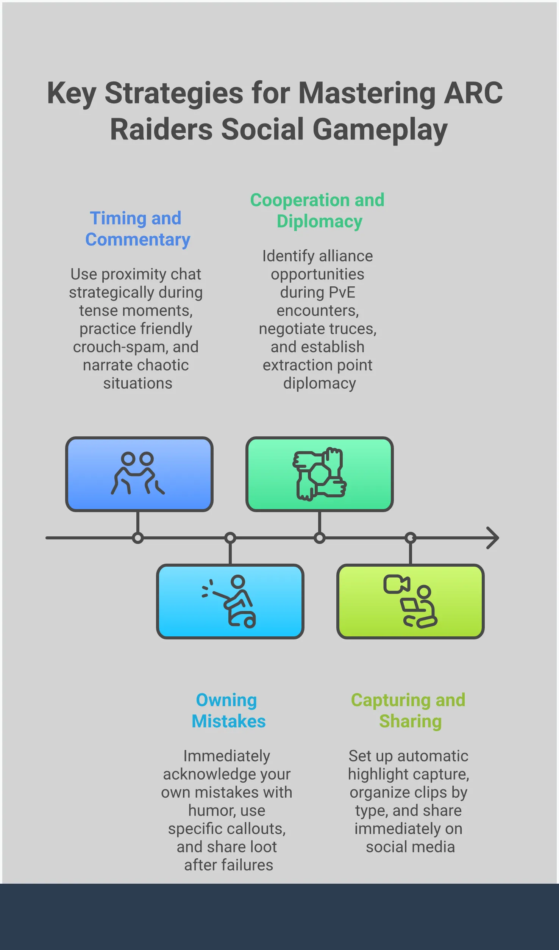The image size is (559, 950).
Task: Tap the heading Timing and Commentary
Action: point(137,229)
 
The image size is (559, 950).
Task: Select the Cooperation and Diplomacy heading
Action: point(317,211)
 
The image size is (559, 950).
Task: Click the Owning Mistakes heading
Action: point(228,711)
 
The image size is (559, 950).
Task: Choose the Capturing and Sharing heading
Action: point(408,711)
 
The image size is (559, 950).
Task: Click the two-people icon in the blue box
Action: point(138,473)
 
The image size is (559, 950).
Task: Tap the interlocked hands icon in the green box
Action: point(319,474)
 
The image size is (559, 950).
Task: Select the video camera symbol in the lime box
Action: point(396,584)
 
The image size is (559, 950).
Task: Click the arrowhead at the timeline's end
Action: point(493,538)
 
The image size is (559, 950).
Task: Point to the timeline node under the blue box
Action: point(138,538)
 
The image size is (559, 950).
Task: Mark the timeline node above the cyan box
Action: point(230,538)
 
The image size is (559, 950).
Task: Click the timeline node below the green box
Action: point(320,538)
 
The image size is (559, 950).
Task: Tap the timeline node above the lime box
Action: point(411,538)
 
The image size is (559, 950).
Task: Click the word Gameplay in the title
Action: point(380,130)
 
